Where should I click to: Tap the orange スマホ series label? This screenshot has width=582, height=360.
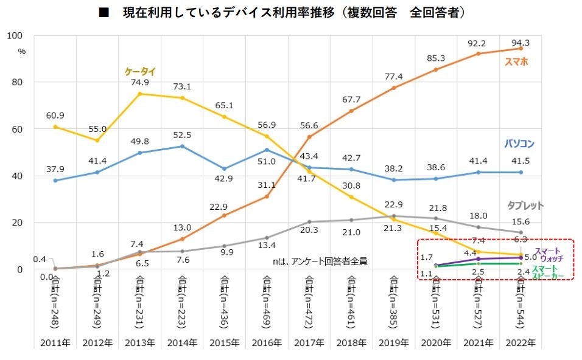(516, 61)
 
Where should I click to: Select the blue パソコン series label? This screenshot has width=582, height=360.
(519, 144)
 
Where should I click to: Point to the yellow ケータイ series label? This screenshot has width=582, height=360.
(140, 72)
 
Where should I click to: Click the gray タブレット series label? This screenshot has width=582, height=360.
(525, 206)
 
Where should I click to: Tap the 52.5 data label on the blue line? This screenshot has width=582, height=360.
(183, 136)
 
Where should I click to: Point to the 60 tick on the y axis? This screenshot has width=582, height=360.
(16, 129)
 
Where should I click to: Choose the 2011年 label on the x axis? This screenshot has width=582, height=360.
(55, 343)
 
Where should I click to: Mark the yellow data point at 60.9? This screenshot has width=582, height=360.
(55, 126)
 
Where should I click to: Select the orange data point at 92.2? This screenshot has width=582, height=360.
(479, 54)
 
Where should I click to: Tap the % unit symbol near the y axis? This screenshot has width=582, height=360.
(22, 52)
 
